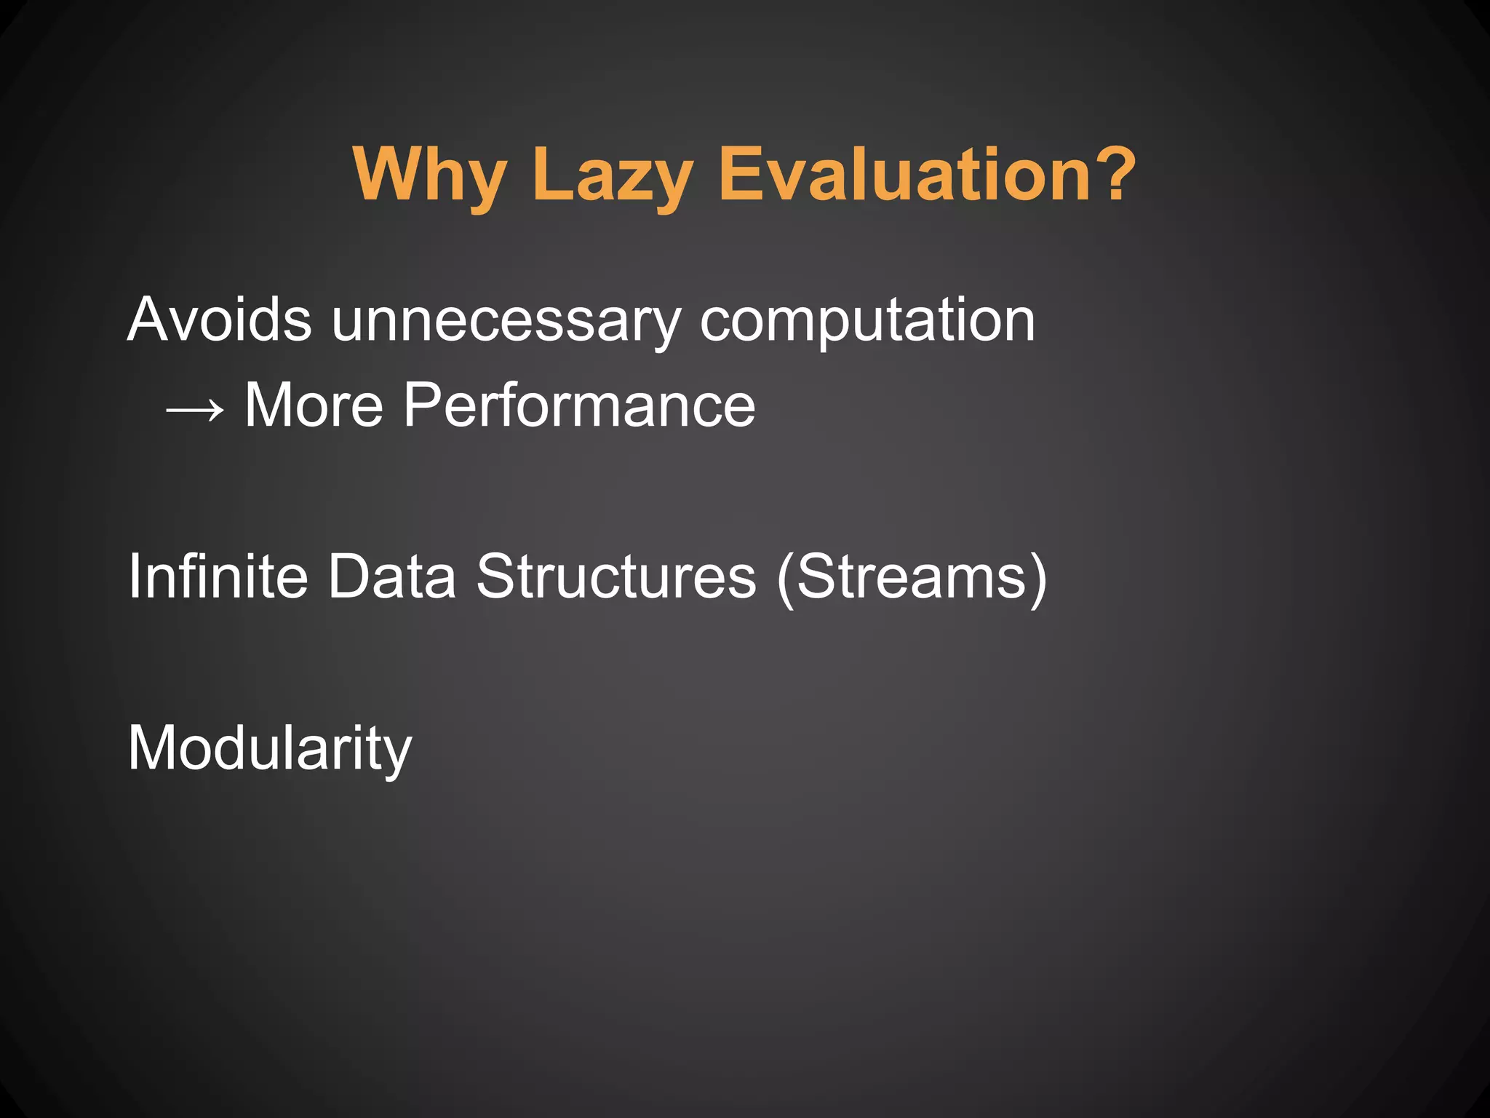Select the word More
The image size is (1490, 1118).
[314, 405]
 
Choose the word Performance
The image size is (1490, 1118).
[578, 405]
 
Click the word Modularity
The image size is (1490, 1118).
[269, 748]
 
